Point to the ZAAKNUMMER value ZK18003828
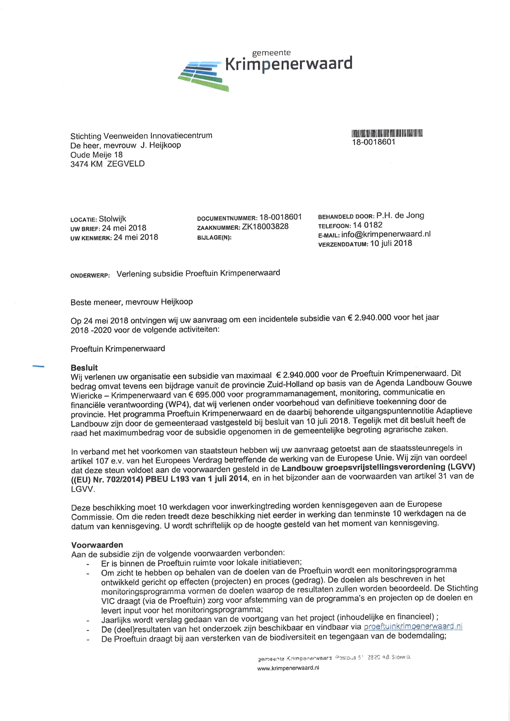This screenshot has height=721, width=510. pyautogui.click(x=265, y=227)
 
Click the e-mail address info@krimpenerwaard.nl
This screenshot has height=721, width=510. pyautogui.click(x=386, y=234)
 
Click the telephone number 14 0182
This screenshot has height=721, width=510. pyautogui.click(x=367, y=225)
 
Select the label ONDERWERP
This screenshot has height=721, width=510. pyautogui.click(x=90, y=276)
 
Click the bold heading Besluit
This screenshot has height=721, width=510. pyautogui.click(x=84, y=368)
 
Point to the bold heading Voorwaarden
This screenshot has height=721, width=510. pyautogui.click(x=97, y=545)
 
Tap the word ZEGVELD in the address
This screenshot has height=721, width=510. pyautogui.click(x=126, y=164)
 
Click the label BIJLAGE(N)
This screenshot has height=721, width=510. pyautogui.click(x=214, y=238)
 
